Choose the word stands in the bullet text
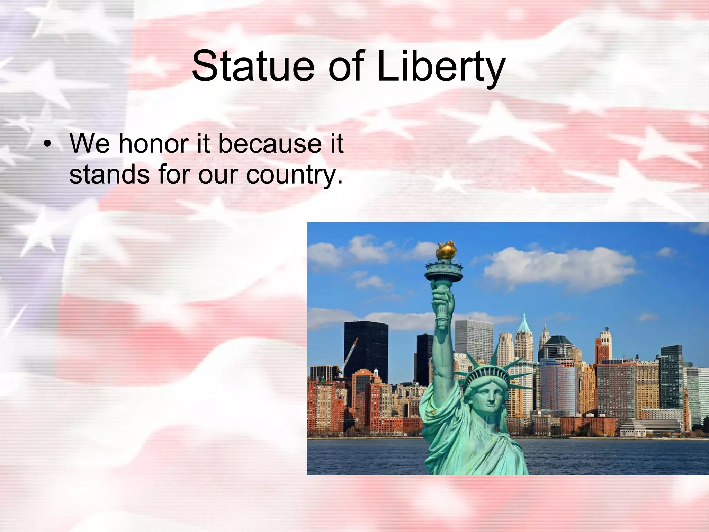coord(109,174)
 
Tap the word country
coord(294,175)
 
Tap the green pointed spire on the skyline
coord(524,320)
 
